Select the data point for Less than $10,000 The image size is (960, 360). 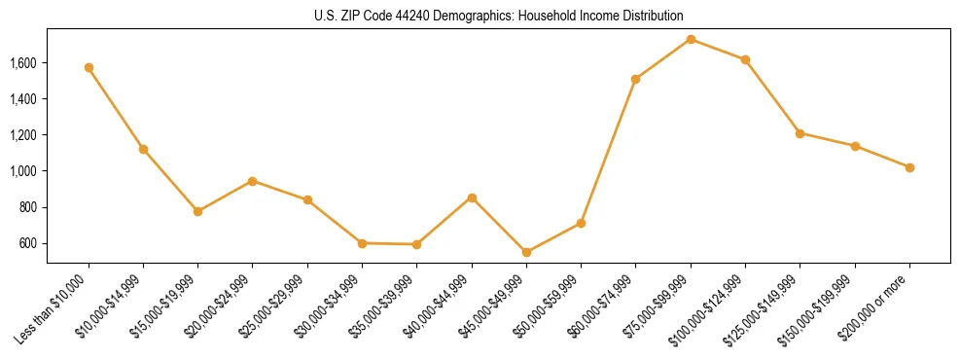click(x=89, y=68)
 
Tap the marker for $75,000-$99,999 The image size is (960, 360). click(x=691, y=39)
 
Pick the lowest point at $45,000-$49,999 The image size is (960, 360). click(x=526, y=252)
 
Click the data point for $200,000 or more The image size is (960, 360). click(x=909, y=167)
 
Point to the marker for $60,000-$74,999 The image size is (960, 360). click(x=635, y=79)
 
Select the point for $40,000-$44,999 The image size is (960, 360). click(x=472, y=198)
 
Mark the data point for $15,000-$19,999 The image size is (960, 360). click(x=197, y=211)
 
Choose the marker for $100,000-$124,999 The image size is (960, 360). click(x=745, y=59)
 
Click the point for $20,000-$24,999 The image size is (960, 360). click(x=252, y=181)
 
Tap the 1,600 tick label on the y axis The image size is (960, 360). click(x=23, y=63)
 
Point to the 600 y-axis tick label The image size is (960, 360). click(x=28, y=243)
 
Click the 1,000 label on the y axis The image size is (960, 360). click(x=23, y=171)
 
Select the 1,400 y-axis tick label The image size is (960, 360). click(x=23, y=99)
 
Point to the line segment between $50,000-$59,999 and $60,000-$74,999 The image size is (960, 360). click(x=608, y=151)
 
